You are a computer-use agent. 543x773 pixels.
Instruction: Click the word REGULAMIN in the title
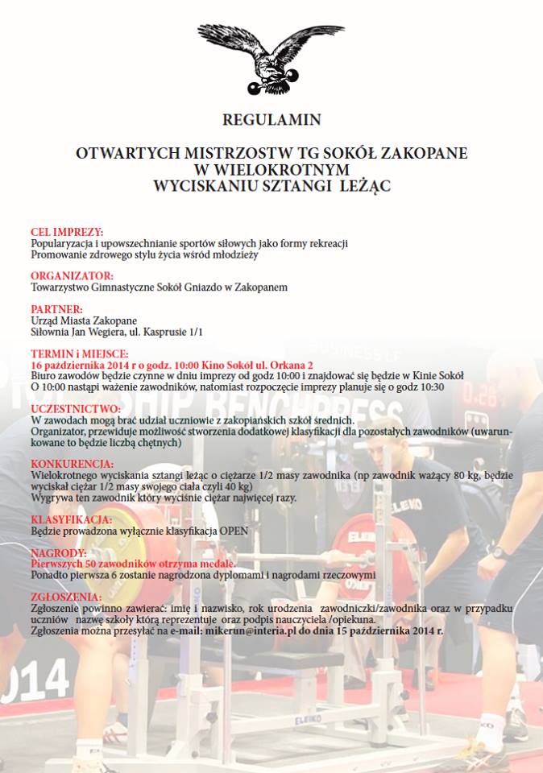tap(271, 120)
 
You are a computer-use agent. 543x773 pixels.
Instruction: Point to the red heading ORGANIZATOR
tap(72, 275)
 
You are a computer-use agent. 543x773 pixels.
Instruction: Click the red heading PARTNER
tap(56, 309)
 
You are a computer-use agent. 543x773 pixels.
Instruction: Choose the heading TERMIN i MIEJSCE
tap(79, 353)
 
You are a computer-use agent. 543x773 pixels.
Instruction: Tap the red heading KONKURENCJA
tap(73, 465)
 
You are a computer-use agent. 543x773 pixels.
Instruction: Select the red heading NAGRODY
tap(58, 553)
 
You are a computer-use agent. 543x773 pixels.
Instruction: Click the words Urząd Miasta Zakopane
tap(83, 320)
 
